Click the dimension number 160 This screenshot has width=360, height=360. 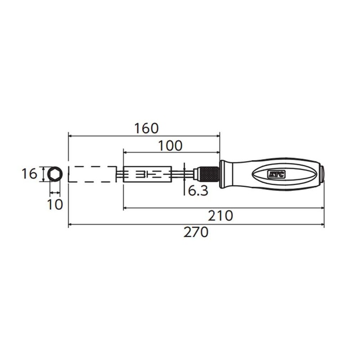pos(146,128)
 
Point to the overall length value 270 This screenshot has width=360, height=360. pos(197,233)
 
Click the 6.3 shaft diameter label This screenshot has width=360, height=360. pos(198,191)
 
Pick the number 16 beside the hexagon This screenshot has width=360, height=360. pos(29,174)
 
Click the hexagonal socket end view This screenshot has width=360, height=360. pos(54,174)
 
